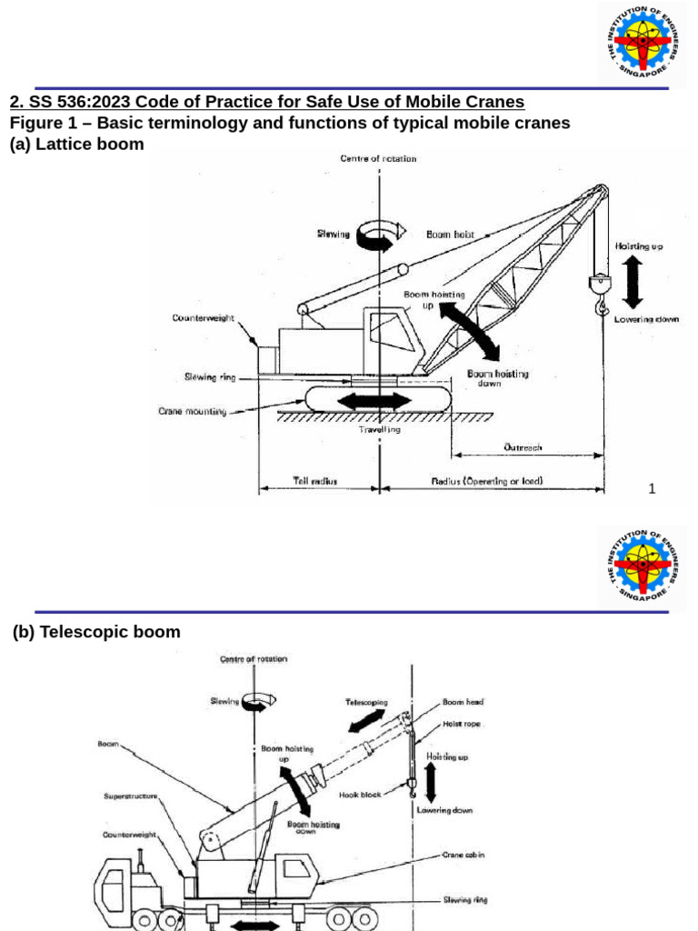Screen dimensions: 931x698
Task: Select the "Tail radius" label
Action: [314, 481]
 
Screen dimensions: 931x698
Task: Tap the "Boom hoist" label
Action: [450, 235]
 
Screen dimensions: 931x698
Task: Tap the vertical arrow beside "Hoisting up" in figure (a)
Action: [633, 281]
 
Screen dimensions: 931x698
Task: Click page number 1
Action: [652, 489]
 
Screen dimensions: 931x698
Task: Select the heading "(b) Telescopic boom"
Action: [96, 632]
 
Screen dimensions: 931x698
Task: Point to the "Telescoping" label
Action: [366, 702]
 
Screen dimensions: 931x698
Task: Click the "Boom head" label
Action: [463, 702]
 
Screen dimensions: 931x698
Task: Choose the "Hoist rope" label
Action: [462, 724]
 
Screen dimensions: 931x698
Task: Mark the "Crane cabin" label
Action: [464, 856]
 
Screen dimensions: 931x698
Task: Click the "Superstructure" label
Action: [131, 796]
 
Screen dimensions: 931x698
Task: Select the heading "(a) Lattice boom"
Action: [76, 145]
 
